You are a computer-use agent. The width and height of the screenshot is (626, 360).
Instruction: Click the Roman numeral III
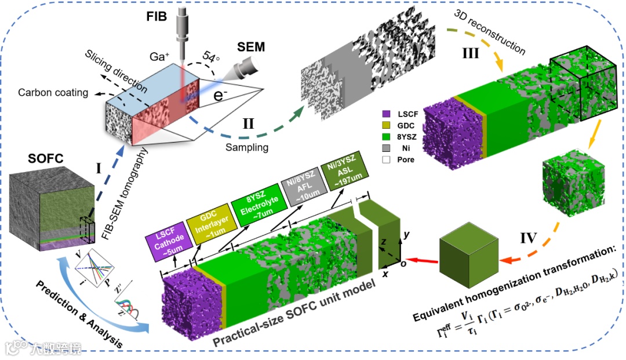[470, 53]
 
